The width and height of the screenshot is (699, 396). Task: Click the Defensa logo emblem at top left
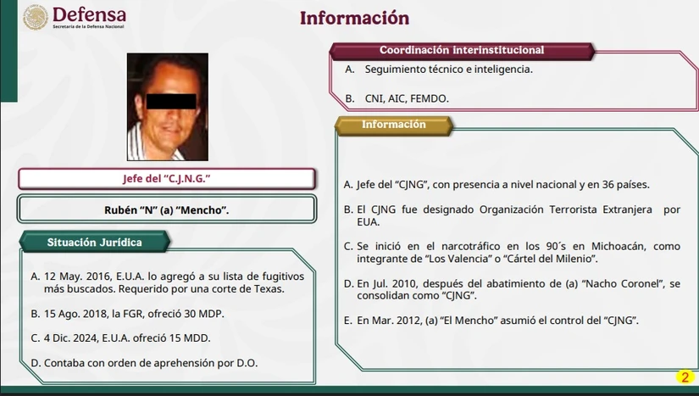pos(35,17)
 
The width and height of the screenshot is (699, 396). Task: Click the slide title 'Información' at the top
pos(354,18)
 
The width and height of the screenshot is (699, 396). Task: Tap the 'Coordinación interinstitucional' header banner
pos(461,50)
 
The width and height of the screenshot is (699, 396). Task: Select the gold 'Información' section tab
pos(393,125)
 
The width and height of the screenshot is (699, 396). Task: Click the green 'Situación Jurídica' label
pos(94,243)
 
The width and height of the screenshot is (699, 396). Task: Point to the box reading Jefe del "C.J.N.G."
pos(166,179)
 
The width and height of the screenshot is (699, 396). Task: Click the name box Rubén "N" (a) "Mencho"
pos(166,209)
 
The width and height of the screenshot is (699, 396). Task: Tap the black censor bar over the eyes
pos(172,101)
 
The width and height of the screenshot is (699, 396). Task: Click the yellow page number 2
pos(685,376)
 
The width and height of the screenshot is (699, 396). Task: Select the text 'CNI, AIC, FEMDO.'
pos(407,98)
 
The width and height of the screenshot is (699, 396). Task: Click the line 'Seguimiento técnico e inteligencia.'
pos(448,69)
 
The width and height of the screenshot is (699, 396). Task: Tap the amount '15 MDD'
pos(184,338)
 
